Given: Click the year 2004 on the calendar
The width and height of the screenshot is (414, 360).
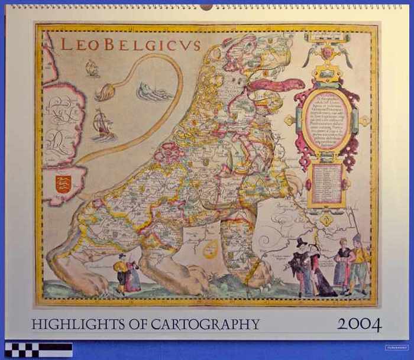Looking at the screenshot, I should tap(359, 325).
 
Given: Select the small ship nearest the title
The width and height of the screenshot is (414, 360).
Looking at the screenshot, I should tap(92, 68).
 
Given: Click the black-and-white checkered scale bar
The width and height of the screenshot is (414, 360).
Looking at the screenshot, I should tap(38, 349).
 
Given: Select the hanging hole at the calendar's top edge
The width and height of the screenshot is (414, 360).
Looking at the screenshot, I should tap(206, 7).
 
